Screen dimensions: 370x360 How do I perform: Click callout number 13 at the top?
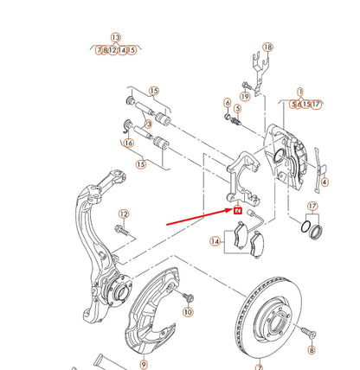[x=116, y=39]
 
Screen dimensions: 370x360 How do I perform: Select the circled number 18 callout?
[x=267, y=47]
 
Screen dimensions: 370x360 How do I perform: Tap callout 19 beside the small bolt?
[x=245, y=98]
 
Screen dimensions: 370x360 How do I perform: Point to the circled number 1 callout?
[x=301, y=92]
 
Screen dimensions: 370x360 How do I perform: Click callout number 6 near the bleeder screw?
[x=228, y=105]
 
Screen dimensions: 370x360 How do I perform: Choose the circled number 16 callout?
[x=129, y=144]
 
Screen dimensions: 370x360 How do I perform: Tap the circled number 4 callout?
[x=325, y=182]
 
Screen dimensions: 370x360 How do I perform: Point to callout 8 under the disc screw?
[x=312, y=350]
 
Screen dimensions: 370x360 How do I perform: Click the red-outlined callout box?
[x=236, y=208]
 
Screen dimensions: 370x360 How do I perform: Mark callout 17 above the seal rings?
[x=312, y=205]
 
